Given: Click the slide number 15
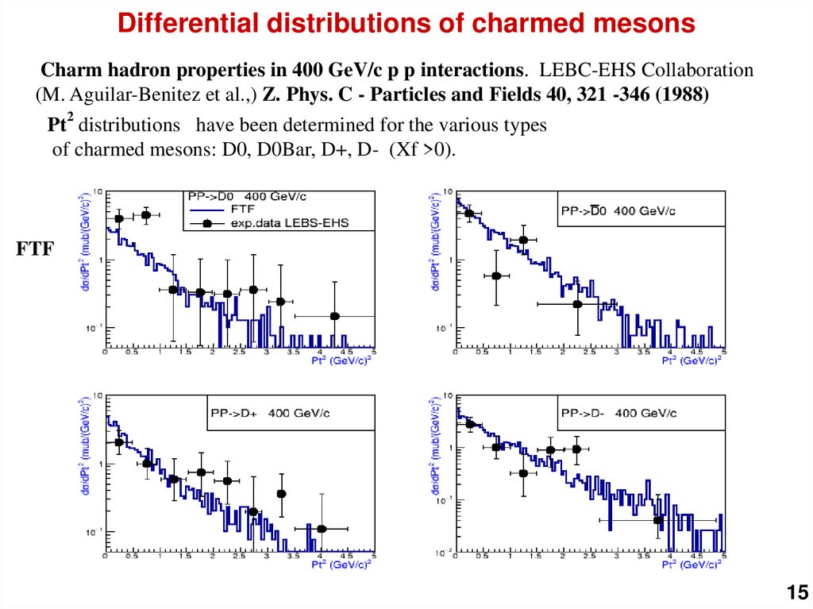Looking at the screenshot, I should point(796,592).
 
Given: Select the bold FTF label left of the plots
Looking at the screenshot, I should point(35,249).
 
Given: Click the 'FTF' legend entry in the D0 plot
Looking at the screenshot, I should point(242,210).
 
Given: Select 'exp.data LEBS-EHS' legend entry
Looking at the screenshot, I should point(289,223).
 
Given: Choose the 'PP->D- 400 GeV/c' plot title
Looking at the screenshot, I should point(618,413).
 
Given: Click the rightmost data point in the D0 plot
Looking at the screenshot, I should point(335,316).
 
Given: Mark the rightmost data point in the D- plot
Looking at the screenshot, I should point(658,520).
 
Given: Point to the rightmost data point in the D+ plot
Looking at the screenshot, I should point(322,529).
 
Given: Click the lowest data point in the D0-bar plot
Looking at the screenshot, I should point(577,304).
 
